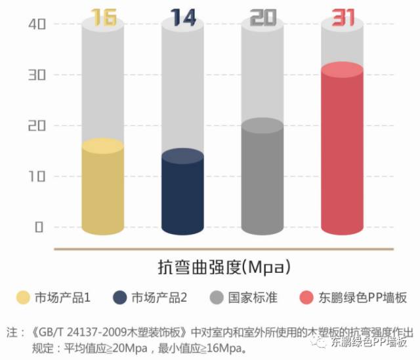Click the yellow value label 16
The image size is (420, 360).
(x=104, y=18)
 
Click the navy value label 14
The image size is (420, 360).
(x=183, y=18)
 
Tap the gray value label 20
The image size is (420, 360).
(x=262, y=18)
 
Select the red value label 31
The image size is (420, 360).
(x=342, y=18)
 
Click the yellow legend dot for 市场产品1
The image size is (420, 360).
(x=24, y=298)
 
